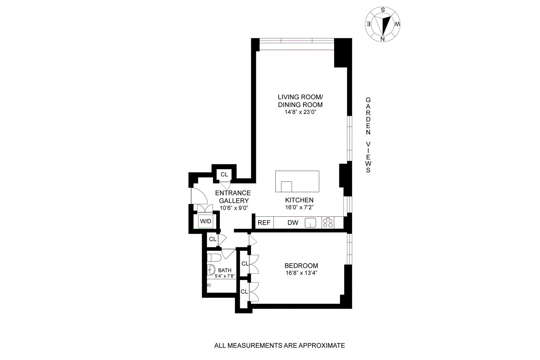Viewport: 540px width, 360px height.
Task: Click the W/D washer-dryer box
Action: point(206,221)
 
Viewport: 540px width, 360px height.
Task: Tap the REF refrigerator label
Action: point(264,223)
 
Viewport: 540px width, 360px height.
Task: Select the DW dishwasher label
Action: point(293,223)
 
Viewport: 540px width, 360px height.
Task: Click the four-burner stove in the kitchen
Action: point(328,223)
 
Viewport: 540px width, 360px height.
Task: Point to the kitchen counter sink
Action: point(310,223)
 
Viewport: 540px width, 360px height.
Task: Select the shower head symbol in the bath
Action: point(209,285)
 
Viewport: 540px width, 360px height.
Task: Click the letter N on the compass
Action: point(382,39)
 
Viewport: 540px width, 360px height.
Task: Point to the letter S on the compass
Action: point(383,10)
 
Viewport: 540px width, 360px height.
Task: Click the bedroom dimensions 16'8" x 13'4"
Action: point(301,273)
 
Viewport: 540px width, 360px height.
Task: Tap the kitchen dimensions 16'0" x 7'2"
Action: point(299,208)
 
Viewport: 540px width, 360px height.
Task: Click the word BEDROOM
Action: point(301,266)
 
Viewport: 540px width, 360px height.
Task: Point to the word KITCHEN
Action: point(299,200)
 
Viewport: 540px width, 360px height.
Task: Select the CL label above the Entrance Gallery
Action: point(224,175)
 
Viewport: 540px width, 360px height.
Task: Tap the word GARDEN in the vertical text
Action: point(368,116)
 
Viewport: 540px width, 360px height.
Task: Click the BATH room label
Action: point(225,270)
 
